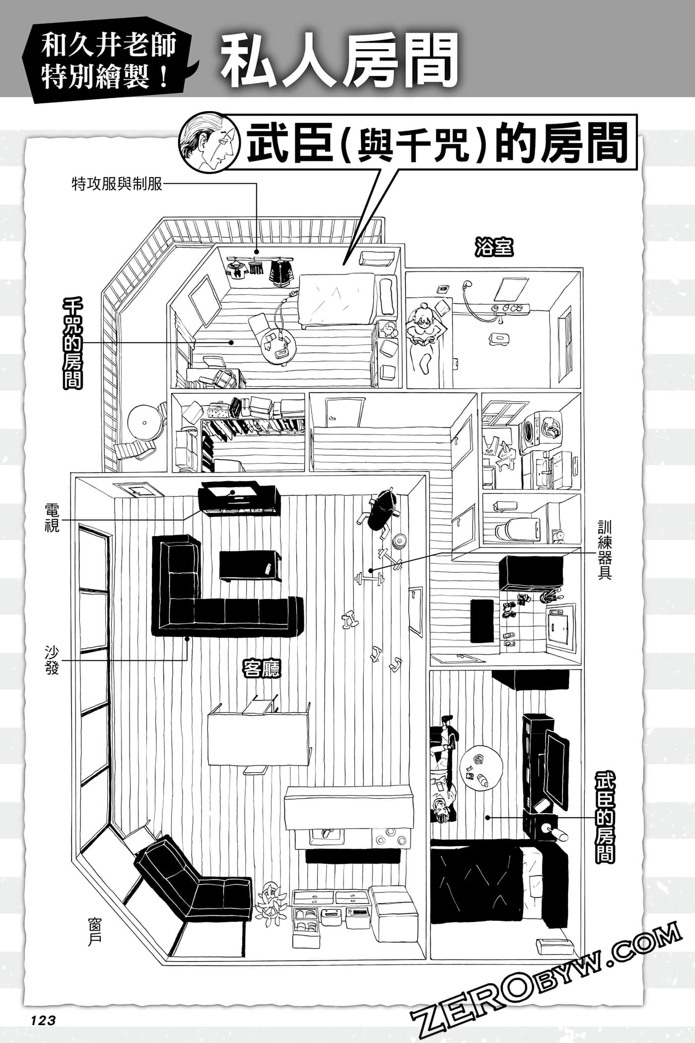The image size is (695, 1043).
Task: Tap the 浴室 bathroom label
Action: (493, 247)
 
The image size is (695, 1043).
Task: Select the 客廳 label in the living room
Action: (261, 669)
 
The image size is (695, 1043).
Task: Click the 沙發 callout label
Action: (52, 660)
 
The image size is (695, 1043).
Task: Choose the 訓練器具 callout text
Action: (605, 550)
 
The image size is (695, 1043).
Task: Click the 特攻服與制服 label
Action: (117, 185)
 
